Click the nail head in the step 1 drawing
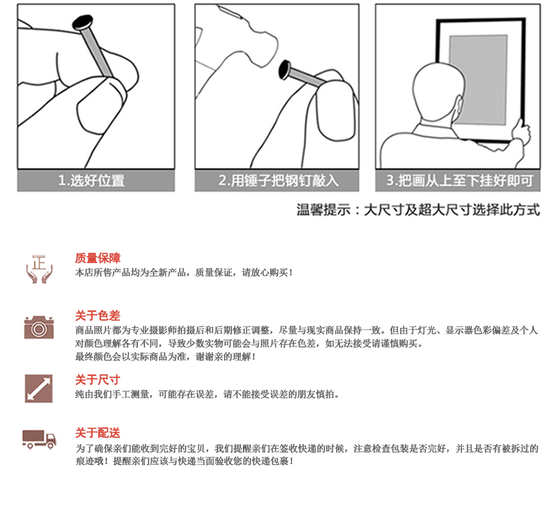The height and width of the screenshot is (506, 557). coord(83,22)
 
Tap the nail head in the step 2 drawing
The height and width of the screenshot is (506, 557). coord(285,70)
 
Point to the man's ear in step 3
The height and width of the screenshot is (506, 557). coord(459,107)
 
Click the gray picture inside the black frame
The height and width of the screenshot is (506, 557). coord(478,79)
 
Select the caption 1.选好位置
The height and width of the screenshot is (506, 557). coord(92,180)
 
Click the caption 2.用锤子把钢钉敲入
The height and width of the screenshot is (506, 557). coord(278,180)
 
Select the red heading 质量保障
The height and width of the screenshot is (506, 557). coord(97,258)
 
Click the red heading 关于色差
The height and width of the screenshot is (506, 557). coord(97,315)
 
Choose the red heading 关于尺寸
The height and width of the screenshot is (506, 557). coord(97,379)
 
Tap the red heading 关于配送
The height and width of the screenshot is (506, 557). coord(97,433)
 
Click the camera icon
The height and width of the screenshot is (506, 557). coord(39,327)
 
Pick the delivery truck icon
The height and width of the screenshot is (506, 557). coord(39,439)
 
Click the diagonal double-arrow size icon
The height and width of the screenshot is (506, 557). coord(39,388)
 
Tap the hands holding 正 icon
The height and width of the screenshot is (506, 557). coord(39,269)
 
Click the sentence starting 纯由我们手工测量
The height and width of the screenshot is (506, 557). coord(207,394)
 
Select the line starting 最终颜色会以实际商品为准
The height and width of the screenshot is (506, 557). coord(165,356)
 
